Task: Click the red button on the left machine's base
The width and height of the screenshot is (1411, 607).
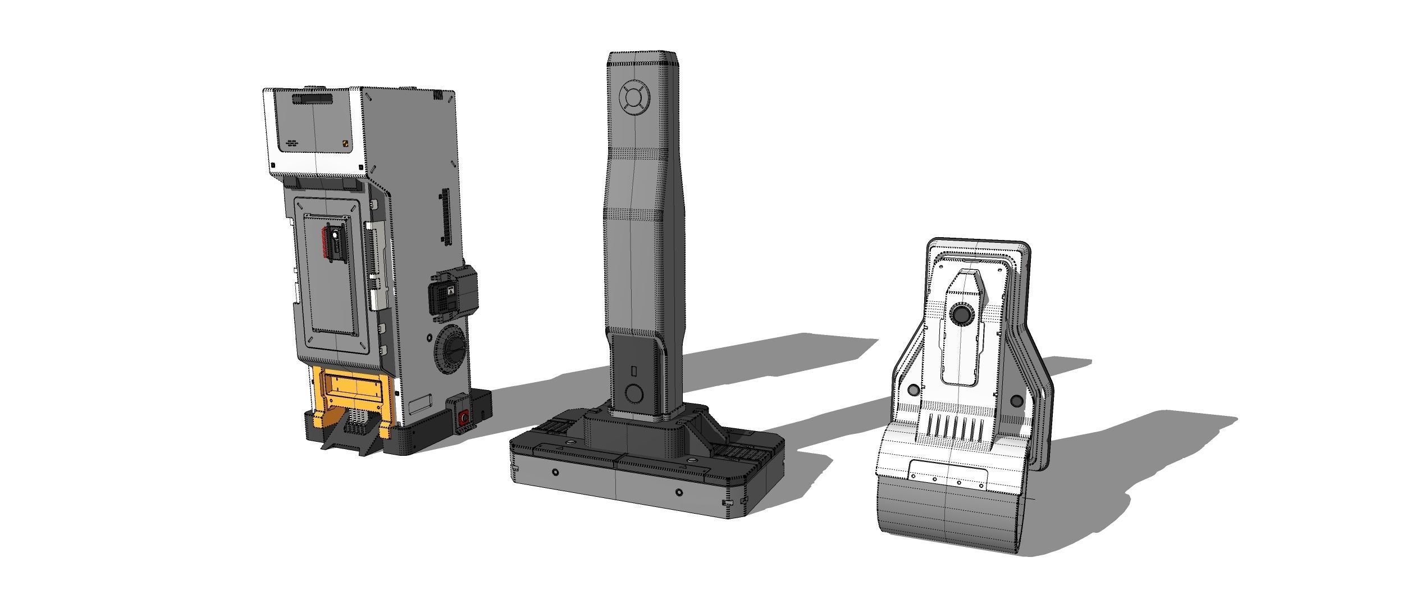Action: tap(464, 418)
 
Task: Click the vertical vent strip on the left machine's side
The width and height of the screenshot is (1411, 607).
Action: tap(446, 216)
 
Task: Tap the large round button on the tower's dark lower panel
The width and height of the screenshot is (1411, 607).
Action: tap(634, 393)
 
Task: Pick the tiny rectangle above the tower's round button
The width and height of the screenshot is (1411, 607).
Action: tap(634, 371)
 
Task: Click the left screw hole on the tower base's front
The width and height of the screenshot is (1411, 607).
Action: tap(555, 471)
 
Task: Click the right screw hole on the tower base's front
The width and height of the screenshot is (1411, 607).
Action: tap(679, 492)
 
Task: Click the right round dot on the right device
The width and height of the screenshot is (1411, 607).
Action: tap(1016, 401)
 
